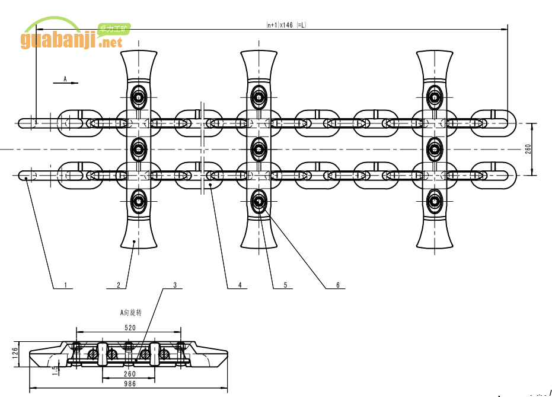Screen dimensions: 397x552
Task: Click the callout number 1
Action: point(66,285)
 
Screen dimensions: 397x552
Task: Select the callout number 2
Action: point(119,285)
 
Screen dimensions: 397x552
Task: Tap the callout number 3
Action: point(175,285)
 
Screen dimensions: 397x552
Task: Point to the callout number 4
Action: point(240,285)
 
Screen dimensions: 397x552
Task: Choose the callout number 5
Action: point(285,285)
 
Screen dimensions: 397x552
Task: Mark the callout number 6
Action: point(338,285)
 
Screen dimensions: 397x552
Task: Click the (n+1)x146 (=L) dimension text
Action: point(286,25)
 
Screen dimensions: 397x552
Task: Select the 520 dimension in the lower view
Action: point(130,327)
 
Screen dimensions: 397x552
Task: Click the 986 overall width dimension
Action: point(130,385)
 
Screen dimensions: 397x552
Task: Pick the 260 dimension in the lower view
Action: point(130,374)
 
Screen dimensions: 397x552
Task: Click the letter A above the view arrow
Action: point(65,78)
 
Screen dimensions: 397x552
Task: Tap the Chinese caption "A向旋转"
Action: point(131,312)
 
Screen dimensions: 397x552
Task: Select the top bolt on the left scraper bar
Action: point(139,96)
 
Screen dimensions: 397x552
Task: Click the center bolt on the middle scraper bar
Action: point(259,149)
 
